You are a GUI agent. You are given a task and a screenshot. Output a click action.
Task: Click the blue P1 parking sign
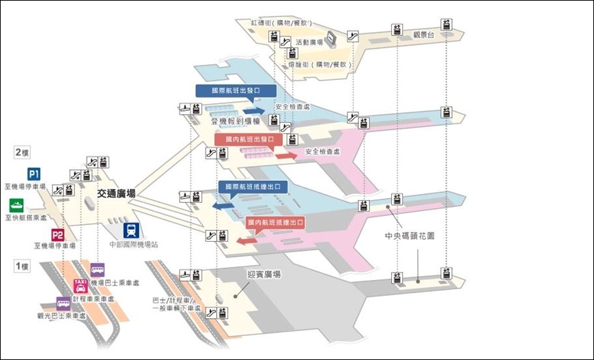click(x=33, y=174)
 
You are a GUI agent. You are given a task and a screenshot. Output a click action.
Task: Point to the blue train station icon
click(x=130, y=230)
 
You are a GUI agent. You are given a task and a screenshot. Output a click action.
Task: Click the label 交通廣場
click(x=116, y=194)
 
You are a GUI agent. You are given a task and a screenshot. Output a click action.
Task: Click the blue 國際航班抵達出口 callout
click(x=252, y=186)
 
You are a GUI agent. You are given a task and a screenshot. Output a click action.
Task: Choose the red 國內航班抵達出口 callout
click(x=274, y=223)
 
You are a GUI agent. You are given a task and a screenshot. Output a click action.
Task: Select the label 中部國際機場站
click(x=133, y=244)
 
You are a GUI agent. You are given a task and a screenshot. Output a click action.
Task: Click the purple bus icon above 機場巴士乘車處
click(x=98, y=269)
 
